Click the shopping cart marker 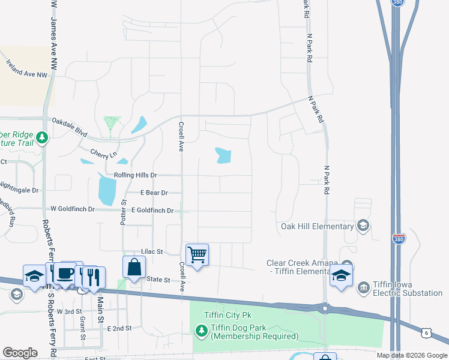pos(197,255)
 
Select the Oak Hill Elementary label pos(317,226)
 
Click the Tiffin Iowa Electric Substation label pos(408,288)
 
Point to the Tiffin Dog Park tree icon pos(201,330)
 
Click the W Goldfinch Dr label pos(73,209)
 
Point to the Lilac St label pos(152,252)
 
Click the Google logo pos(20,353)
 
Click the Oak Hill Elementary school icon pos(363,226)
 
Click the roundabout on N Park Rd pos(325,309)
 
